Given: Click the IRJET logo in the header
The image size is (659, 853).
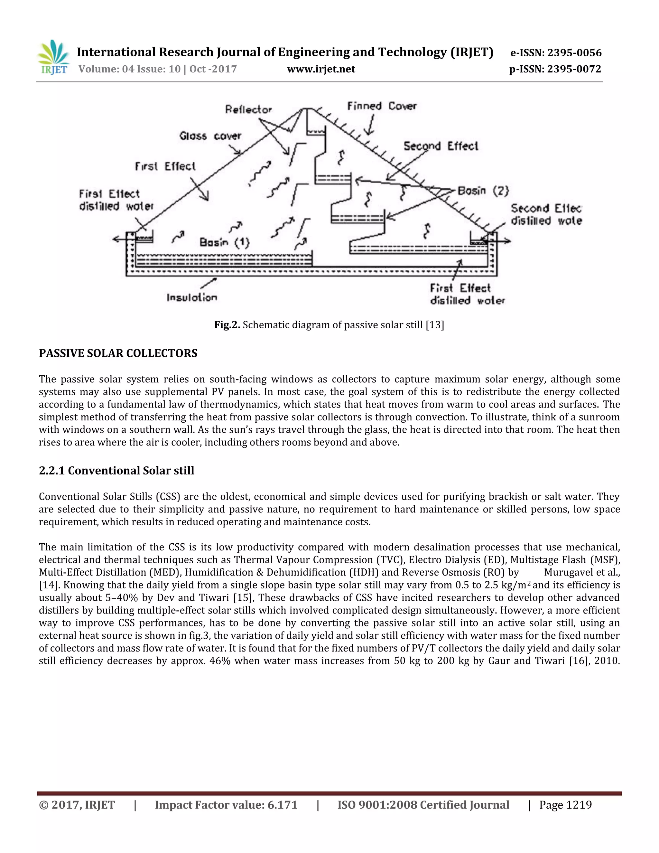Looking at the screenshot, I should [54, 57].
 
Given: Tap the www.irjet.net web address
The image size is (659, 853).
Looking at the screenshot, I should [321, 69].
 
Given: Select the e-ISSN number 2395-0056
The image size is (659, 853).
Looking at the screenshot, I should [574, 53].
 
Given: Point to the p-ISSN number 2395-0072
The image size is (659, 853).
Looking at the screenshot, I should [574, 69].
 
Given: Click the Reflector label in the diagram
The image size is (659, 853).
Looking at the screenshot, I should [248, 109].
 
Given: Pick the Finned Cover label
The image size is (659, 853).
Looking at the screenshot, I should [382, 106].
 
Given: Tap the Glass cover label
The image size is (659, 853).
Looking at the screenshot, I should [210, 136].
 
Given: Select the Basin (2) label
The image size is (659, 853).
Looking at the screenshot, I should [483, 191].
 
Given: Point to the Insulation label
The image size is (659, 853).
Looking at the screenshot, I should [192, 298].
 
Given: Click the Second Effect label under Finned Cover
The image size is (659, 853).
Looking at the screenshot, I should [441, 146].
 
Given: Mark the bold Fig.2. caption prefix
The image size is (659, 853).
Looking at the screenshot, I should [227, 325].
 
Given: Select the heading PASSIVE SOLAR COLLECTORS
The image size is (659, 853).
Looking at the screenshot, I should [118, 353].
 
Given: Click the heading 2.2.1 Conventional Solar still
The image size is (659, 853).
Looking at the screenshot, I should [116, 470].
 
